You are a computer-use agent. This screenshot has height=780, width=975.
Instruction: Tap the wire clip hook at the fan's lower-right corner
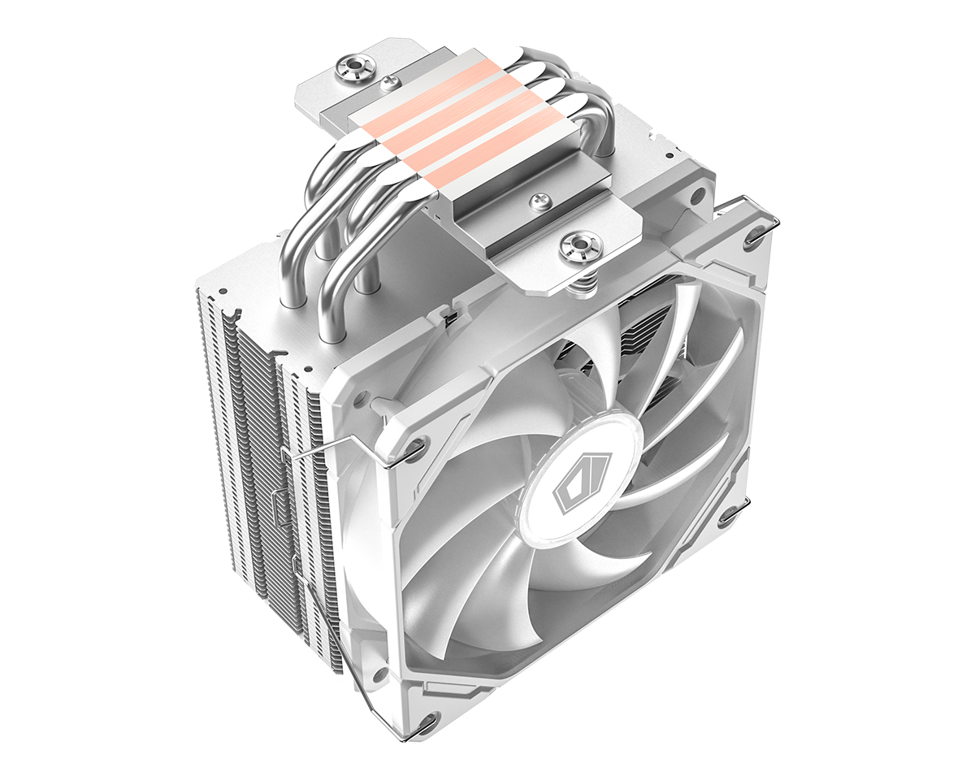point(730,515)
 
